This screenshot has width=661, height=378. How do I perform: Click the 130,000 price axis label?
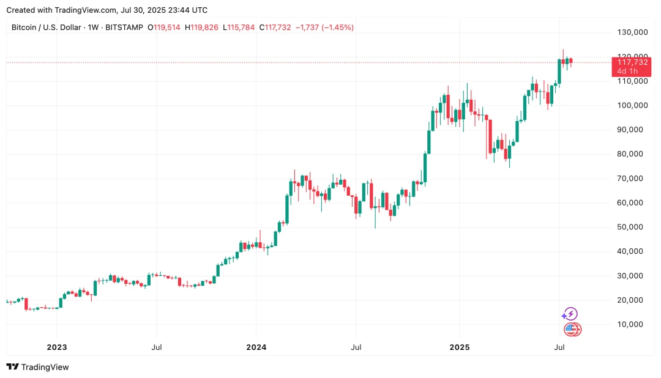pyautogui.click(x=632, y=32)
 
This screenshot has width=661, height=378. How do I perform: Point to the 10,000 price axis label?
pyautogui.click(x=632, y=324)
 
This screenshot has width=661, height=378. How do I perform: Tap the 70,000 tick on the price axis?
pyautogui.click(x=632, y=178)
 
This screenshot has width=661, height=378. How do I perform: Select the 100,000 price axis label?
pyautogui.click(x=632, y=105)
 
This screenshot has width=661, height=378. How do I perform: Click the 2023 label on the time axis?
pyautogui.click(x=57, y=347)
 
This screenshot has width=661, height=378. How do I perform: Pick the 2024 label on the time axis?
pyautogui.click(x=256, y=347)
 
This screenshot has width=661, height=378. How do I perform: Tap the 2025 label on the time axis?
pyautogui.click(x=460, y=347)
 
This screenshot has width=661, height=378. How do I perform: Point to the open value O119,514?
pyautogui.click(x=164, y=28)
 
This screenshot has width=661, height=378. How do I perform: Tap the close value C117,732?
pyautogui.click(x=275, y=28)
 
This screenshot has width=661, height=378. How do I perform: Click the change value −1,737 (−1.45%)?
pyautogui.click(x=324, y=28)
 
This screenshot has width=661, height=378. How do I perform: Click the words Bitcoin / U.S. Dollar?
pyautogui.click(x=47, y=28)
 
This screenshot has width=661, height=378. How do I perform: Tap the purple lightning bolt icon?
pyautogui.click(x=570, y=314)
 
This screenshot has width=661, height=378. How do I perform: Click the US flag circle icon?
pyautogui.click(x=572, y=330)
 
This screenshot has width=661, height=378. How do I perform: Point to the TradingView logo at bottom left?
pyautogui.click(x=37, y=367)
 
